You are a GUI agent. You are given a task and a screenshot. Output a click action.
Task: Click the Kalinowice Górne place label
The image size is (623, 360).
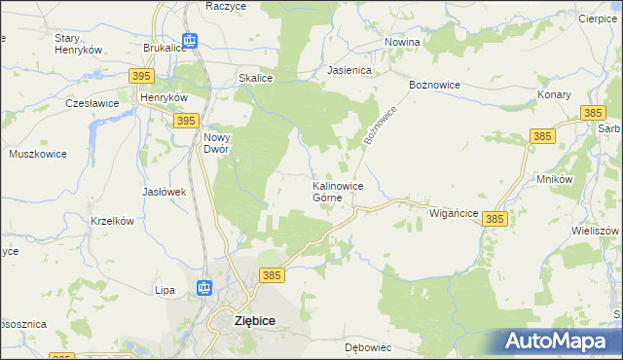pos(338,191)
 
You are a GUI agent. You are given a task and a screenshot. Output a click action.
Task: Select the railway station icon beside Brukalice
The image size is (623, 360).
pos(190,41)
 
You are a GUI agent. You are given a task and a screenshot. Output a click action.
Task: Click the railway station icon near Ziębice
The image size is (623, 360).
pos(204,287)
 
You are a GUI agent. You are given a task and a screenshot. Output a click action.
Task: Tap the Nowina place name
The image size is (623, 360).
pos(401,43)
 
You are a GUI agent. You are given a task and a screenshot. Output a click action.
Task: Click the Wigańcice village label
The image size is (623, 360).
pos(453,212)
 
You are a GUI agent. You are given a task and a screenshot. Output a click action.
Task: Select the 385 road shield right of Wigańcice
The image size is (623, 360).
pos(495,221)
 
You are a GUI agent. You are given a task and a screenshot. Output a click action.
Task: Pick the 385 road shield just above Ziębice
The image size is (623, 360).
pos(272,276)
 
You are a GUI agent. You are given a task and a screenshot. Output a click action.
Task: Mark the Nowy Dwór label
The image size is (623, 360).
pos(216,143)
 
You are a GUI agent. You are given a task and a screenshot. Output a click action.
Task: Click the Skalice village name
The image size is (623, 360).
pos(254,79)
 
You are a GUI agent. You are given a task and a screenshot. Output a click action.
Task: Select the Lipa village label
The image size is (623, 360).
pos(165,290)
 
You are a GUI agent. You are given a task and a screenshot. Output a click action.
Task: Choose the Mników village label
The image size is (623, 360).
pos(553,180)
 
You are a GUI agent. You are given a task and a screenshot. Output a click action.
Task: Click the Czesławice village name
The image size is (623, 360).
pos(92,102)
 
